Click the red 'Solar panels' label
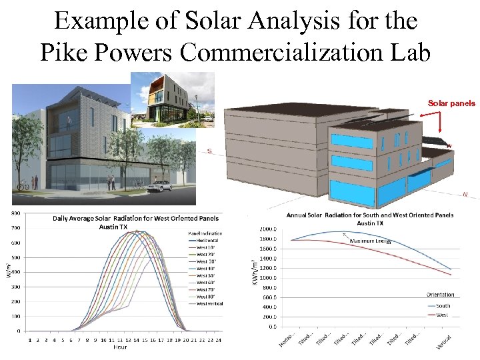point(451,103)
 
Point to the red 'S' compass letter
point(209,151)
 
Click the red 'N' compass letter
point(465,194)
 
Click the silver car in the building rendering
point(161,186)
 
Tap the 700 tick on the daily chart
point(14,228)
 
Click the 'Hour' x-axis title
point(120,347)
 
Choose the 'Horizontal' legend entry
point(209,240)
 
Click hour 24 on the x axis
point(217,339)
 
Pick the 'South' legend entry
point(443,306)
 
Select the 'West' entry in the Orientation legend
point(441,314)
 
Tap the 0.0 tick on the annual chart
point(272,327)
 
